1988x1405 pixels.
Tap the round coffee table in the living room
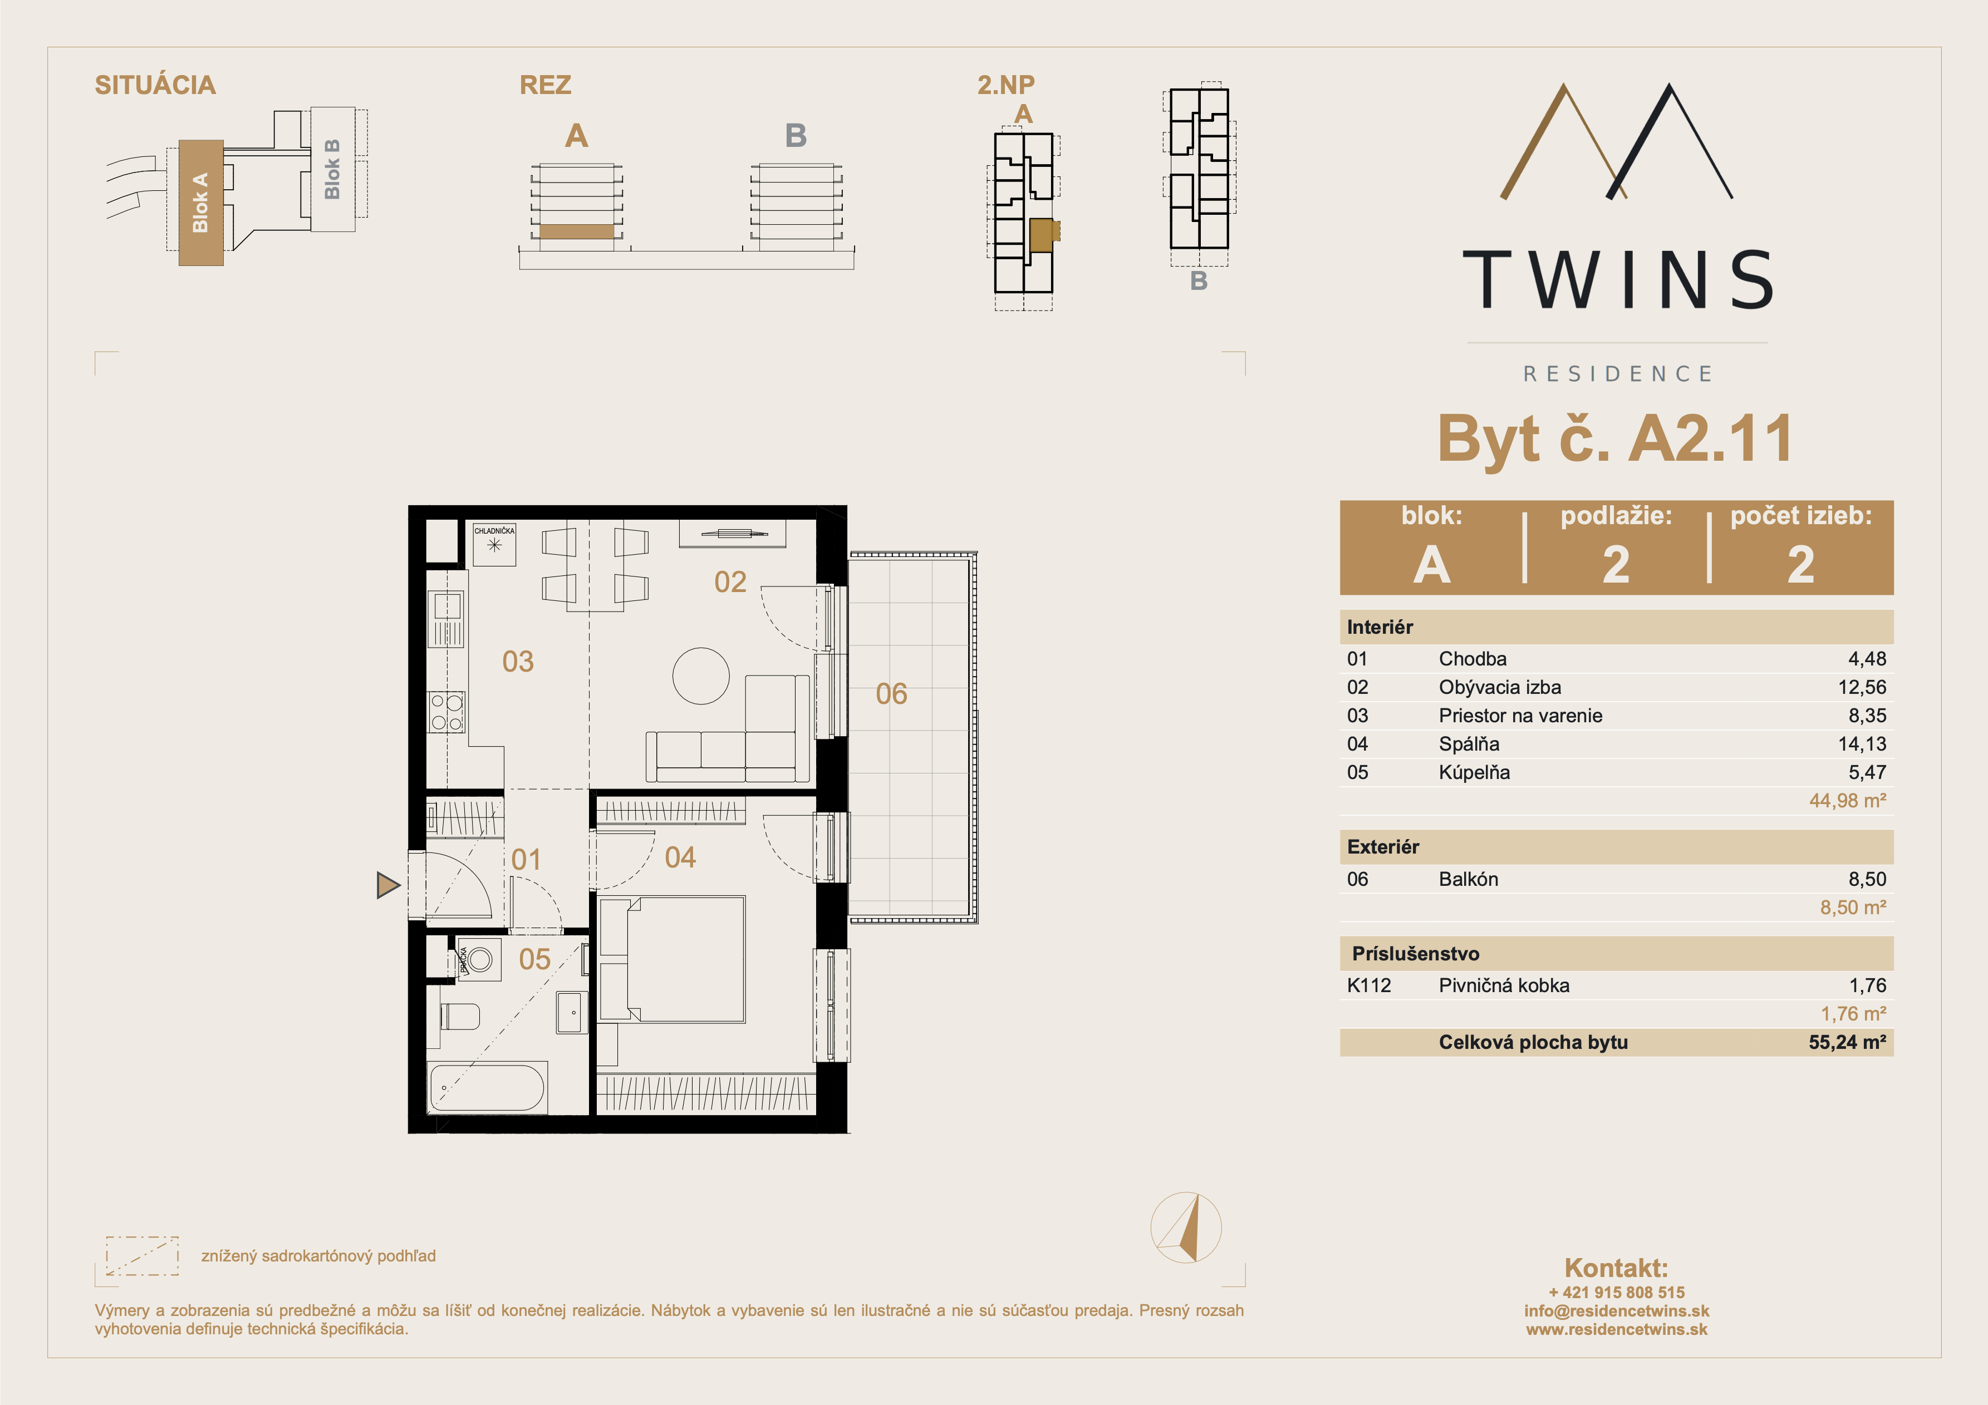701,676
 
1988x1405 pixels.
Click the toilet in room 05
460,1016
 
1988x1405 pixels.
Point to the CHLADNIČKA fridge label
494,531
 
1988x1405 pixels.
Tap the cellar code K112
1369,985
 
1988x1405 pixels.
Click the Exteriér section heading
1383,847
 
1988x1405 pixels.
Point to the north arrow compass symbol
1186,1227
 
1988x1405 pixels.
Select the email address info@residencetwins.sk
1617,1310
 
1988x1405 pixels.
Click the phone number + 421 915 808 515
1617,1293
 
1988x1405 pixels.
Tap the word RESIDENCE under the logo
1617,374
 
